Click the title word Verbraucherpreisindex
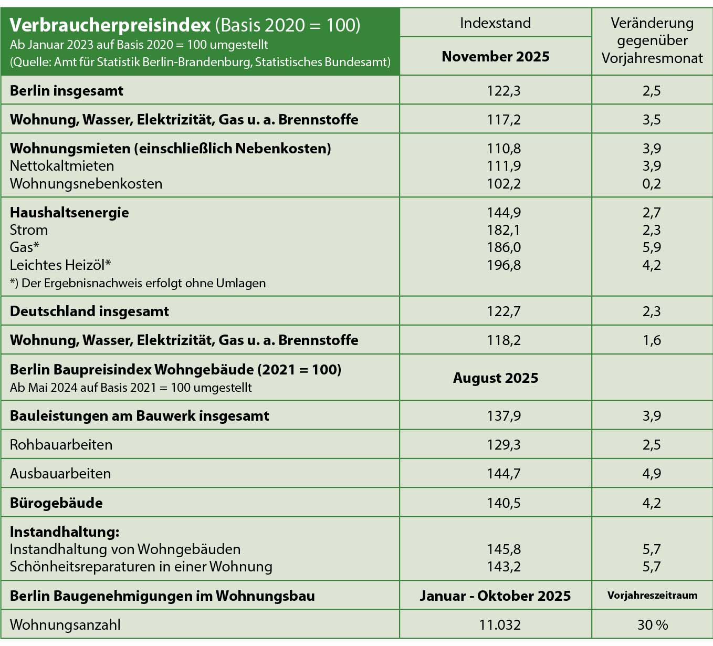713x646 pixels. [110, 25]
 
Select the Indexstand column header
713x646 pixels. [495, 23]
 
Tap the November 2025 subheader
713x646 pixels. [495, 57]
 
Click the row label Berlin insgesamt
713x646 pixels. [67, 91]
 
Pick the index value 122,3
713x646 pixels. [504, 91]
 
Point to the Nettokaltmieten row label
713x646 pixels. [62, 166]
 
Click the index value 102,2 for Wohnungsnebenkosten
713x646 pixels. [504, 184]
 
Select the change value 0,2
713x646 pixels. [652, 184]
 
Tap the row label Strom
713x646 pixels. [29, 230]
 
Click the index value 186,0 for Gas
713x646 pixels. [504, 247]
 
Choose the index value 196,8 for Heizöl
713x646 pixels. [504, 265]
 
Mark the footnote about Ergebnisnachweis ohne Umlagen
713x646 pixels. [138, 283]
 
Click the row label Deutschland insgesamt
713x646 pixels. [89, 311]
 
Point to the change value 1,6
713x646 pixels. [652, 340]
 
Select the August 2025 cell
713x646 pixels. [495, 378]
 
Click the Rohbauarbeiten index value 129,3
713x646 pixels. [504, 445]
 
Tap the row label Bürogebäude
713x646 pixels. [56, 503]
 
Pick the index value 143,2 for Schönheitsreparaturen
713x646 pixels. [504, 567]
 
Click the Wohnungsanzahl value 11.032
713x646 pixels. [500, 625]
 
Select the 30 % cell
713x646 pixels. [652, 625]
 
